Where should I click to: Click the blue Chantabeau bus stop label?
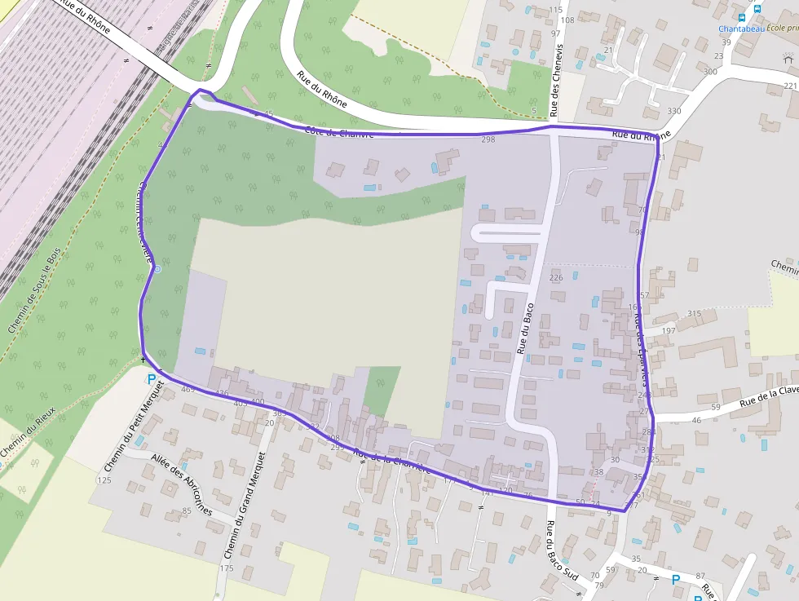[741, 29]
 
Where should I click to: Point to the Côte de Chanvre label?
[339, 131]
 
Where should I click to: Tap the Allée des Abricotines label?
[179, 484]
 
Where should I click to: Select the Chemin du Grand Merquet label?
[245, 506]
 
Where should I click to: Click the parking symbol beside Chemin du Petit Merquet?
[151, 378]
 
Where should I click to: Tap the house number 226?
[556, 278]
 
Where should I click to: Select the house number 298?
[488, 140]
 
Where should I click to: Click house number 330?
[673, 111]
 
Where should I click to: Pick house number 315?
[694, 314]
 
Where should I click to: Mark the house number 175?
[227, 568]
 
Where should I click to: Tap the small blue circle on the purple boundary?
[157, 268]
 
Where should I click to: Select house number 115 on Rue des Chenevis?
[556, 10]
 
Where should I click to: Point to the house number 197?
[669, 330]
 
